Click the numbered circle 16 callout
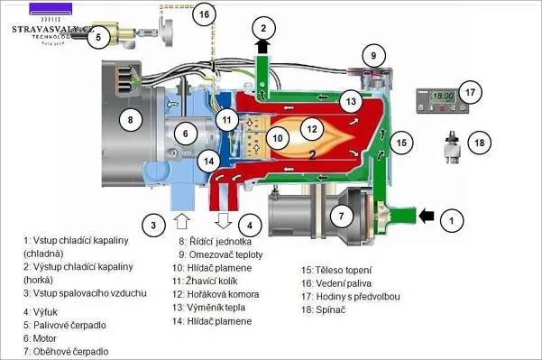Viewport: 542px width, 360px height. click(204, 14)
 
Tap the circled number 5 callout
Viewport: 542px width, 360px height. click(98, 37)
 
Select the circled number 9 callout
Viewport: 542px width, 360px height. click(373, 55)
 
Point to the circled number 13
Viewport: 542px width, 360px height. click(351, 102)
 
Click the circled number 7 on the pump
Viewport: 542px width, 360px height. click(342, 217)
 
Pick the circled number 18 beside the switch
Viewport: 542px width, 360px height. click(480, 143)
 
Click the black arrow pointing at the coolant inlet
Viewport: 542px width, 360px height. click(427, 216)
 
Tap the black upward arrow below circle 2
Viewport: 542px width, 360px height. click(263, 46)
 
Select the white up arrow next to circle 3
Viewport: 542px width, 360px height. click(181, 221)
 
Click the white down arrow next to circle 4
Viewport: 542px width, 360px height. click(224, 221)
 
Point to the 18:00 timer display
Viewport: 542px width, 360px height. click(443, 96)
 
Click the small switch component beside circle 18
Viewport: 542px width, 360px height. click(452, 147)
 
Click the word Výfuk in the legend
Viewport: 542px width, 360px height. click(45, 312)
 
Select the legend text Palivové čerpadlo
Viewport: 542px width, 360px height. click(69, 325)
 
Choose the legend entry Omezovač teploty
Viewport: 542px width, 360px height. click(225, 254)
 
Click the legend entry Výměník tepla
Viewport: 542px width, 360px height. click(216, 308)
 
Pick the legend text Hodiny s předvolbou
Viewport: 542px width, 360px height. click(358, 297)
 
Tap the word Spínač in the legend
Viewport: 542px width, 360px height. click(330, 309)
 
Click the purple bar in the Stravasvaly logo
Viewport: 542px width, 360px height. click(51, 8)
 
